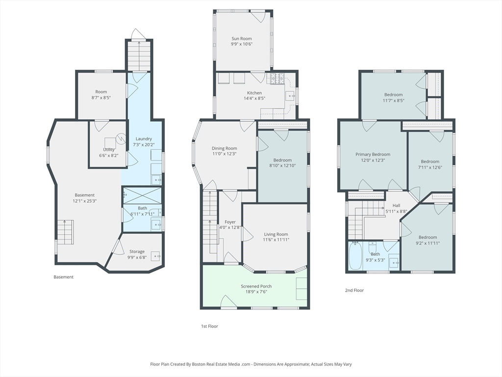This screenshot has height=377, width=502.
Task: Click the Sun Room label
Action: pyautogui.click(x=242, y=39)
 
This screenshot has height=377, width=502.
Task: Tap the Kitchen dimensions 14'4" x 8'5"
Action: pyautogui.click(x=254, y=98)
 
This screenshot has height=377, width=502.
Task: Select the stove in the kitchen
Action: pyautogui.click(x=277, y=79)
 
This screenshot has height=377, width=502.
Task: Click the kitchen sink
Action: pyautogui.click(x=290, y=95)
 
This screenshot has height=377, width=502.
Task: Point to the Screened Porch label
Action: pyautogui.click(x=256, y=286)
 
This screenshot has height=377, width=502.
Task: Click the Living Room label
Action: pyautogui.click(x=276, y=234)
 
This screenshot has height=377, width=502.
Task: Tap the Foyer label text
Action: pyautogui.click(x=230, y=222)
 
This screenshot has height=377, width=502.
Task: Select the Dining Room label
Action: pyautogui.click(x=225, y=148)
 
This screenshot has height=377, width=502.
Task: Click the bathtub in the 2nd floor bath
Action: pyautogui.click(x=355, y=256)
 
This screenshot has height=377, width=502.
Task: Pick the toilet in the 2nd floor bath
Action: pyautogui.click(x=373, y=247)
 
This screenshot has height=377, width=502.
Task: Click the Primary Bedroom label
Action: pyautogui.click(x=373, y=155)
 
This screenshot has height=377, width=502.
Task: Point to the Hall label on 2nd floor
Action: pyautogui.click(x=396, y=206)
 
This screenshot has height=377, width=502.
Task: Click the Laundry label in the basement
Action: pyautogui.click(x=144, y=139)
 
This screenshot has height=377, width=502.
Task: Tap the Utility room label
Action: pyautogui.click(x=109, y=150)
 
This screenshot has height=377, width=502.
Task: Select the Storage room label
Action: pyautogui.click(x=137, y=252)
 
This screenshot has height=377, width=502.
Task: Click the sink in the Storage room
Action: pyautogui.click(x=155, y=255)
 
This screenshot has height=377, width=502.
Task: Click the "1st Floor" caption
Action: pyautogui.click(x=209, y=326)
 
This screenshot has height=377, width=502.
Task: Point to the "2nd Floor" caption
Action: pyautogui.click(x=354, y=291)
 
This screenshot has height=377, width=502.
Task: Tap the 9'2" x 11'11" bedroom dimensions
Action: pyautogui.click(x=427, y=243)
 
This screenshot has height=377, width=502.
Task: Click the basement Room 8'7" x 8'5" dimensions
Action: pyautogui.click(x=101, y=98)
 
